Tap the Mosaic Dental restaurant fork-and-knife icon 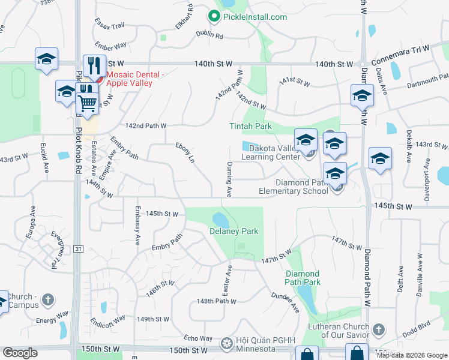point(94,65)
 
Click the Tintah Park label point(250,126)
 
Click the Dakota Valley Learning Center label point(270,152)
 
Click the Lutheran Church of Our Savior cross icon point(378,329)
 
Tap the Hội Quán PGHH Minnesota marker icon point(226,343)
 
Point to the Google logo point(20,353)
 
